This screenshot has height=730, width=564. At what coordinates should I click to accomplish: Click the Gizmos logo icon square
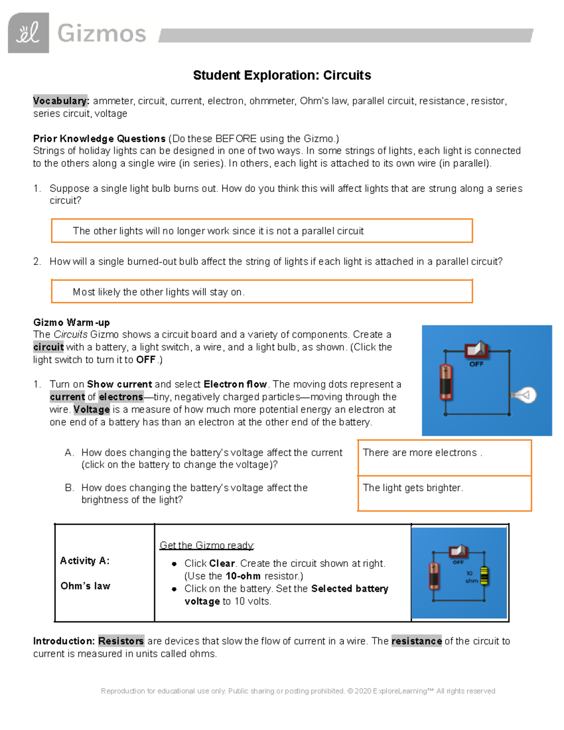click(28, 33)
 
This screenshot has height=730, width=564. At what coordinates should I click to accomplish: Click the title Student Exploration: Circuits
click(282, 75)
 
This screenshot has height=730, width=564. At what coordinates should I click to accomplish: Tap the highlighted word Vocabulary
click(61, 101)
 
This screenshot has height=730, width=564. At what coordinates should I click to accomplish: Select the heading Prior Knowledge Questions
click(99, 139)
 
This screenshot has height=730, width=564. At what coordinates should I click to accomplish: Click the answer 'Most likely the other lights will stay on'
click(158, 292)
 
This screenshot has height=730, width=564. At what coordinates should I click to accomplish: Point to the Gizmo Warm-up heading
click(71, 322)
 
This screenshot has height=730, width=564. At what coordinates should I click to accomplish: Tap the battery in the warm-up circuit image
click(446, 382)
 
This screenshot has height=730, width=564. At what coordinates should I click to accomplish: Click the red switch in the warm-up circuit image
click(477, 350)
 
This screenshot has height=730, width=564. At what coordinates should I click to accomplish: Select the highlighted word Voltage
click(92, 409)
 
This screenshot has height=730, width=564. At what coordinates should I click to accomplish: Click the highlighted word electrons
click(121, 397)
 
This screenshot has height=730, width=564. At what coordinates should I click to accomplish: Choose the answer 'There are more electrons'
click(422, 453)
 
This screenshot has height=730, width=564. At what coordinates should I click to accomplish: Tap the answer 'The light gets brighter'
click(413, 488)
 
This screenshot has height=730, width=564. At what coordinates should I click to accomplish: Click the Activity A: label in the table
click(85, 561)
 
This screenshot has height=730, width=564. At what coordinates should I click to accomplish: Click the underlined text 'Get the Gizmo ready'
click(207, 545)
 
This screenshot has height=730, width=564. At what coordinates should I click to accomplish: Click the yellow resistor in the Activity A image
click(484, 576)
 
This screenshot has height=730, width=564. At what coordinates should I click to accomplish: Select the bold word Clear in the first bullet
click(222, 563)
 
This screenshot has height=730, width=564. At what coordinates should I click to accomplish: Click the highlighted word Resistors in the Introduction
click(121, 641)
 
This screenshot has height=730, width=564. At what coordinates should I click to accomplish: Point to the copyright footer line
click(298, 691)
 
